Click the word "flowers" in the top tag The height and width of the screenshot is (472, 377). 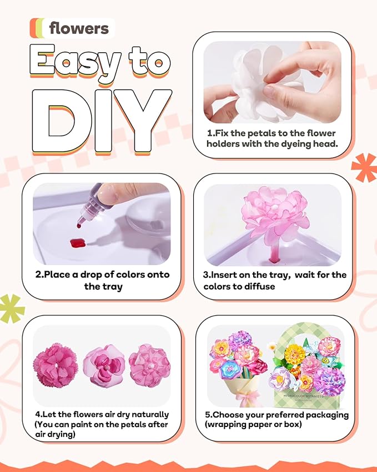point(79,28)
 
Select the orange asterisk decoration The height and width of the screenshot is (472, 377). point(364,167)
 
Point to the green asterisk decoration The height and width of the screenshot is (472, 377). point(12,307)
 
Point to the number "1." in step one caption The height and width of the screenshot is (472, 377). point(211,133)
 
